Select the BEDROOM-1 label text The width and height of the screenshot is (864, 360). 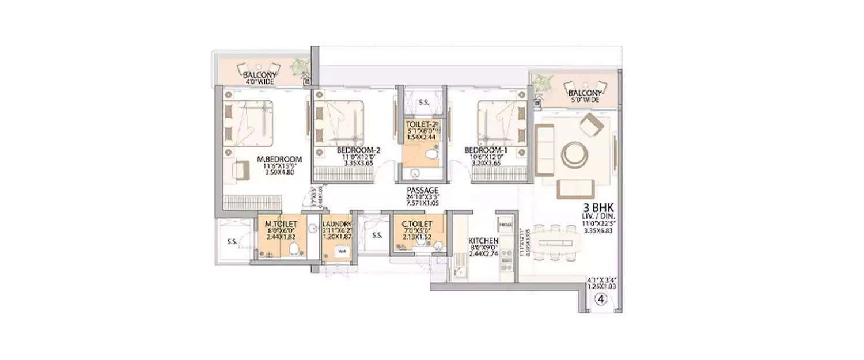click(485, 151)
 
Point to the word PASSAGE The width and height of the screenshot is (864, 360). click(423, 190)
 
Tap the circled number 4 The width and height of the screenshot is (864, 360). click(600, 299)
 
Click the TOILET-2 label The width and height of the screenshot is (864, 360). click(422, 124)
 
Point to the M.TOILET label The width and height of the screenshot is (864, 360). click(281, 223)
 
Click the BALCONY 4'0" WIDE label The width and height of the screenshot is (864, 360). click(258, 75)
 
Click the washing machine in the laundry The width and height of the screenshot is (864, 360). click(342, 252)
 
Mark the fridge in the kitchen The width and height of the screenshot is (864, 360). click(506, 224)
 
